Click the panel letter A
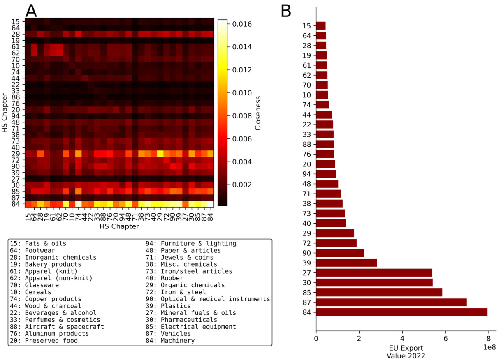31,11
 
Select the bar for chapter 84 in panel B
401,312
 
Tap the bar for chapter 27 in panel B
374,272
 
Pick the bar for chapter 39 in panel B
346,263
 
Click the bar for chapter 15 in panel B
321,26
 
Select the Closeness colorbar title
258,113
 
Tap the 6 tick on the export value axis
445,339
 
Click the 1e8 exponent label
489,347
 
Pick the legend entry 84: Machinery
170,340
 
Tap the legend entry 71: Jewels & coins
179,257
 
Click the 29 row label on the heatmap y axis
15,153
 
